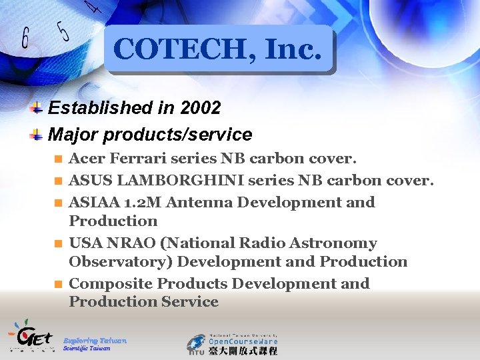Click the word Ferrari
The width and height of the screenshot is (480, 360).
137,159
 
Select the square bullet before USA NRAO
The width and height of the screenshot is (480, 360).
58,244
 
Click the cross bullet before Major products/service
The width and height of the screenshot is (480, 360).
38,135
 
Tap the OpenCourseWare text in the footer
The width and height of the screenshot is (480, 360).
243,339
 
